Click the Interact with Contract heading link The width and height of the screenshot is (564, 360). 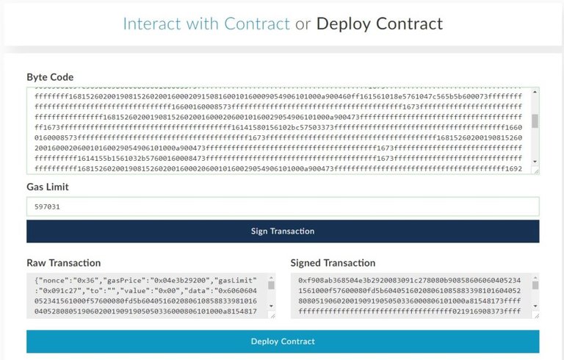tap(206, 24)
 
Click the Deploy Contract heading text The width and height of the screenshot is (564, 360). tap(379, 24)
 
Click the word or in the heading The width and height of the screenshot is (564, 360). tap(303, 24)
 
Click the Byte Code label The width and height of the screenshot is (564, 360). tap(50, 77)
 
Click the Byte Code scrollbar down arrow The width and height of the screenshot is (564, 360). tap(535, 162)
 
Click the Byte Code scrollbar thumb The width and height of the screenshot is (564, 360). tap(535, 121)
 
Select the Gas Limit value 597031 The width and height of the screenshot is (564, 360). tap(48, 207)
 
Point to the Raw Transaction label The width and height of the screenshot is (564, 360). tap(64, 262)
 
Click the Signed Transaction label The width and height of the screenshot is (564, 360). tap(333, 262)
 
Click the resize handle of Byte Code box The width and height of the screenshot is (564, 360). tap(536, 170)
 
